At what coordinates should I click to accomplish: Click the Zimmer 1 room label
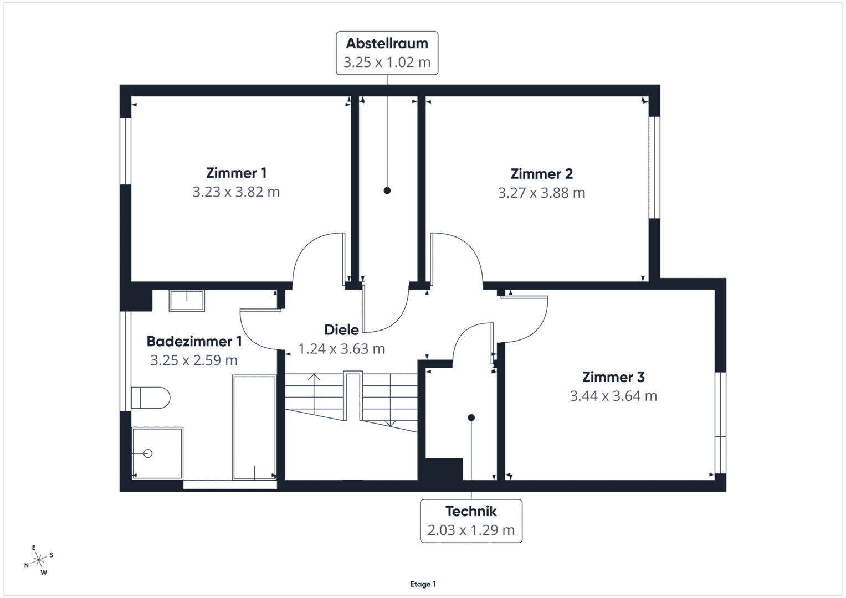click(237, 173)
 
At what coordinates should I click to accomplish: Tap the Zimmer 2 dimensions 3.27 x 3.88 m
click(542, 193)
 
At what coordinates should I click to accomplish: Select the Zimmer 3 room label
click(613, 377)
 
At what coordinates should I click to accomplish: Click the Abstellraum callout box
click(387, 53)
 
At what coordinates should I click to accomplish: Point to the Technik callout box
click(471, 521)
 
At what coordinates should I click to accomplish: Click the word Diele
click(341, 329)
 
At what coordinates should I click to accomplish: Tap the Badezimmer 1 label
click(194, 341)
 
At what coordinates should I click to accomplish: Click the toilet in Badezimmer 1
click(151, 398)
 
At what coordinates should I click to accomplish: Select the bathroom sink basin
click(187, 301)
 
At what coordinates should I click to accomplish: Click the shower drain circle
click(148, 453)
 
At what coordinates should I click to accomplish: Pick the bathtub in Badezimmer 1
click(254, 427)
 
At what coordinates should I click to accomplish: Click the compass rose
click(39, 560)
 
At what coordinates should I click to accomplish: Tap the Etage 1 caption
click(423, 584)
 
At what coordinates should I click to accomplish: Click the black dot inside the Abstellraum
click(387, 190)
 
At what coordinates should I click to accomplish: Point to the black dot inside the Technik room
click(471, 417)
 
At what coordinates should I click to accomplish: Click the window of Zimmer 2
click(654, 167)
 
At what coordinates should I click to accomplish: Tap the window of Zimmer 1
click(125, 151)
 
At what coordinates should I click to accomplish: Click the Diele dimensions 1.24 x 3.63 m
click(341, 348)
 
